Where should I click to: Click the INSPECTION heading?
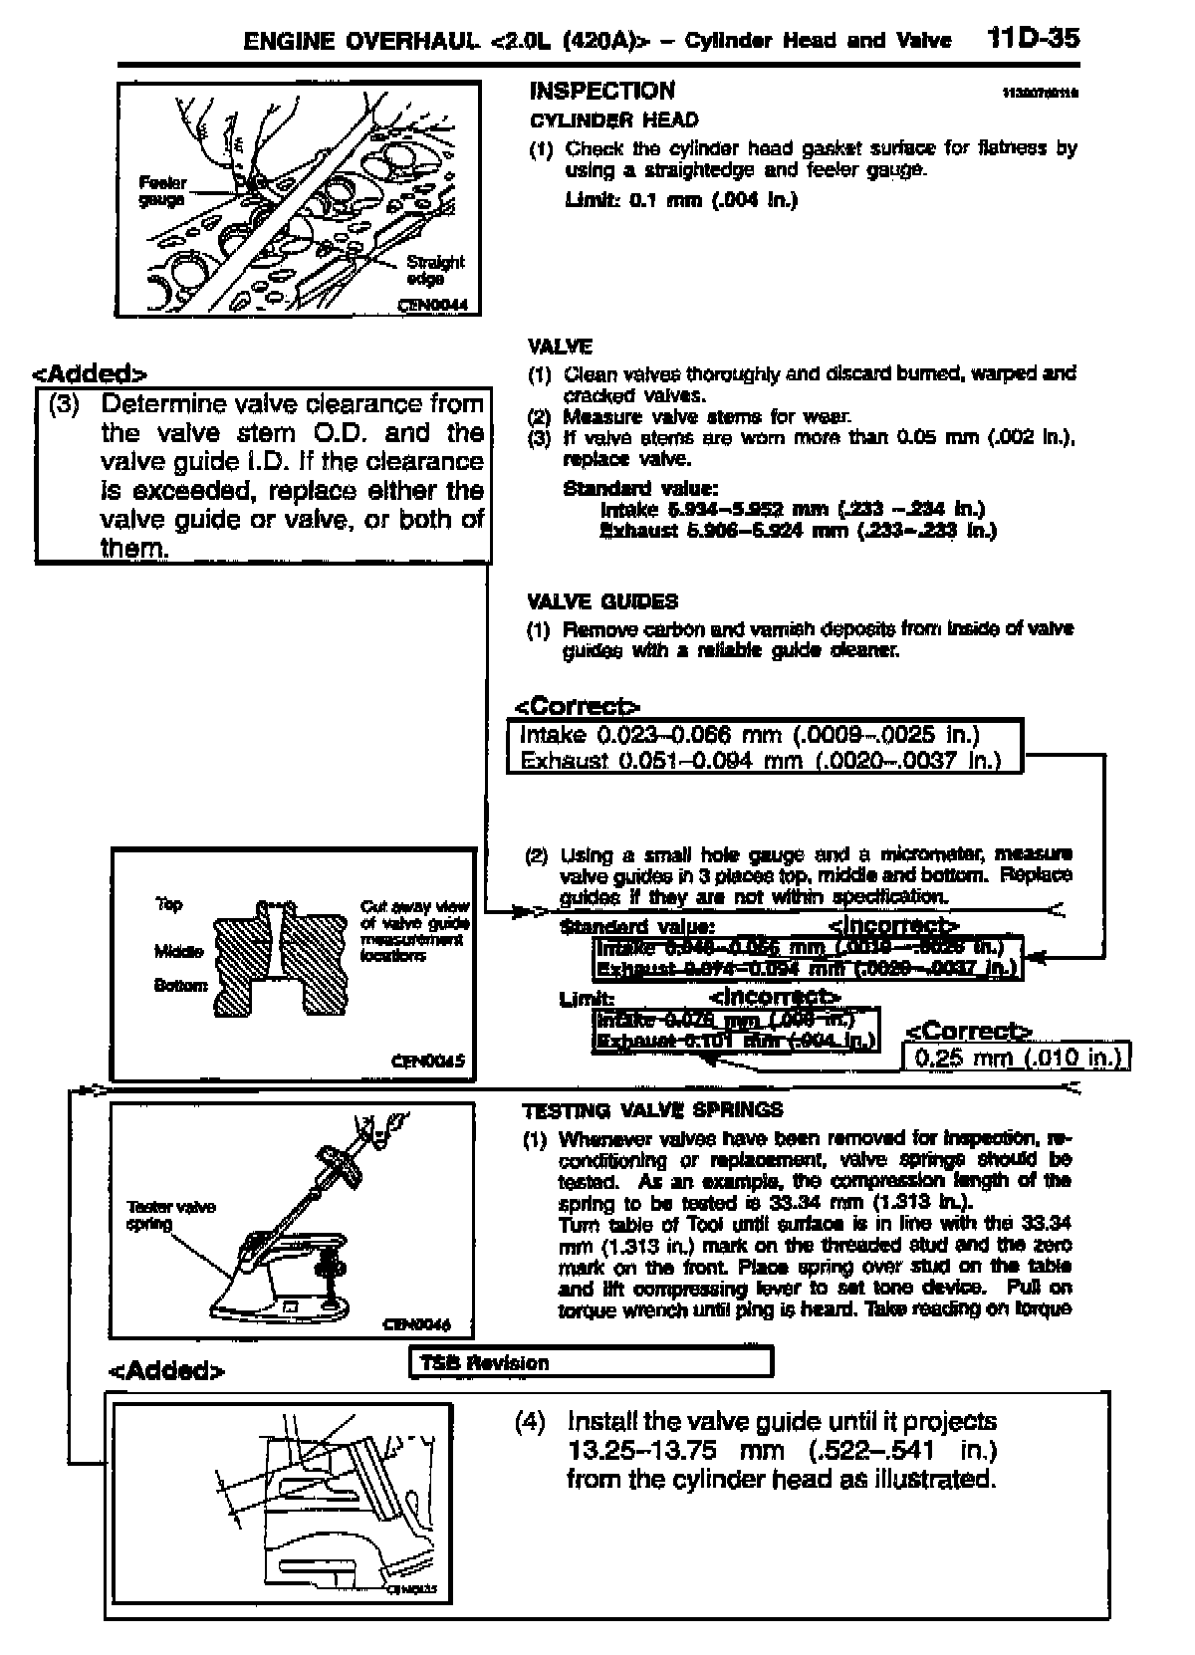coord(601,91)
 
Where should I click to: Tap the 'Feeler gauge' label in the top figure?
coord(162,191)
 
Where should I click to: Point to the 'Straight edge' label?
coord(434,270)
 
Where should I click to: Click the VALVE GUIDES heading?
coord(601,601)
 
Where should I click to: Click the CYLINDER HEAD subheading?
coord(613,120)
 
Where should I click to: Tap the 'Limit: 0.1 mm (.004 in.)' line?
coord(681,199)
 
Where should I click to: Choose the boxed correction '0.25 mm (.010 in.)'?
coord(1017,1057)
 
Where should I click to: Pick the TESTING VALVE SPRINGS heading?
coord(652,1110)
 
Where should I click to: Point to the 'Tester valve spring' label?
coord(170,1215)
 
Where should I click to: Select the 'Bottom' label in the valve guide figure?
coord(180,985)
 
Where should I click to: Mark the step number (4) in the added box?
coord(531,1422)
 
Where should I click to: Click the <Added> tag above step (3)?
coord(90,374)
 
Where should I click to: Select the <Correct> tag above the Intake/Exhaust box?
coord(577,707)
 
